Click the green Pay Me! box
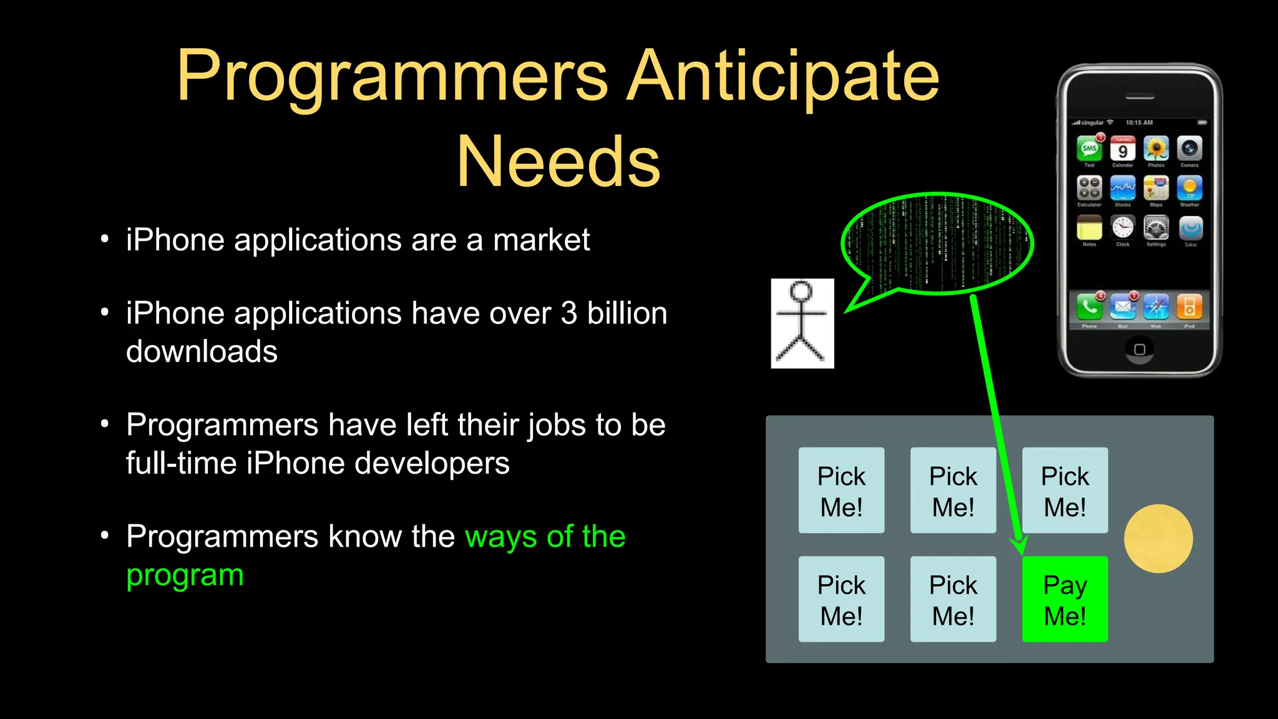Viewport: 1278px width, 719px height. tap(1065, 599)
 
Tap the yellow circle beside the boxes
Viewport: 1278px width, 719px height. tap(1158, 539)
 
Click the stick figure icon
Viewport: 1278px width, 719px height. tap(802, 323)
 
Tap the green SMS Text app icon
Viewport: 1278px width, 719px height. tap(1089, 149)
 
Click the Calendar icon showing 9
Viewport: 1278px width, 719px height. tap(1122, 150)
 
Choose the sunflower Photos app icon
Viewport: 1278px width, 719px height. tap(1156, 149)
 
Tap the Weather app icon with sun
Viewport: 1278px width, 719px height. tap(1189, 188)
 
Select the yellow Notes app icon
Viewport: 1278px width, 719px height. tap(1089, 228)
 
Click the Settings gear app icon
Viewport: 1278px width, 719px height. tap(1156, 228)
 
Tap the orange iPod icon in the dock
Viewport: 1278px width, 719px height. tap(1189, 306)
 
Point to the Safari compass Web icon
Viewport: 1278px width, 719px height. tap(1156, 306)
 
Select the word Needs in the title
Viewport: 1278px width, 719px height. tap(559, 162)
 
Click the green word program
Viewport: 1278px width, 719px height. tap(185, 575)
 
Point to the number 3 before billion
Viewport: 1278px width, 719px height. tap(568, 313)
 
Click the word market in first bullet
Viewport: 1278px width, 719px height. tap(541, 240)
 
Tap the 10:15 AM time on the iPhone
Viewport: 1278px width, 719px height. tap(1139, 122)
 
